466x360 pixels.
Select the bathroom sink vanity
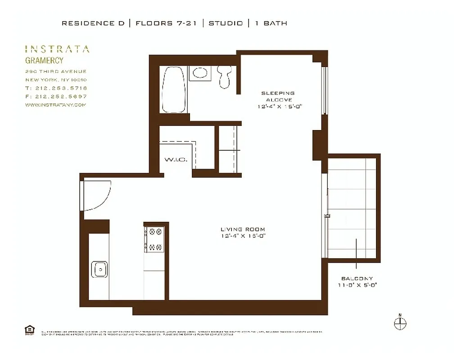click(198, 73)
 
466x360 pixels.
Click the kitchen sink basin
click(99, 269)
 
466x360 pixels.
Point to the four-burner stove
click(155, 239)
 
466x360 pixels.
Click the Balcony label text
click(357, 279)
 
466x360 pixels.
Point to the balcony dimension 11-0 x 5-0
click(357, 285)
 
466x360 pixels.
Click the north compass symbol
click(400, 322)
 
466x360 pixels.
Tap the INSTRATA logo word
click(57, 49)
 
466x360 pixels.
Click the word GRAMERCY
click(44, 60)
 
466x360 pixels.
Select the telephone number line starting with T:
click(56, 88)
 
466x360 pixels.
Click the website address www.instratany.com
click(55, 104)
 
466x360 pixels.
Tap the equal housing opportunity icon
click(29, 330)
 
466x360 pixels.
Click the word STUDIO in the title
click(226, 23)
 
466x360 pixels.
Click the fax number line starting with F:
click(56, 96)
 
